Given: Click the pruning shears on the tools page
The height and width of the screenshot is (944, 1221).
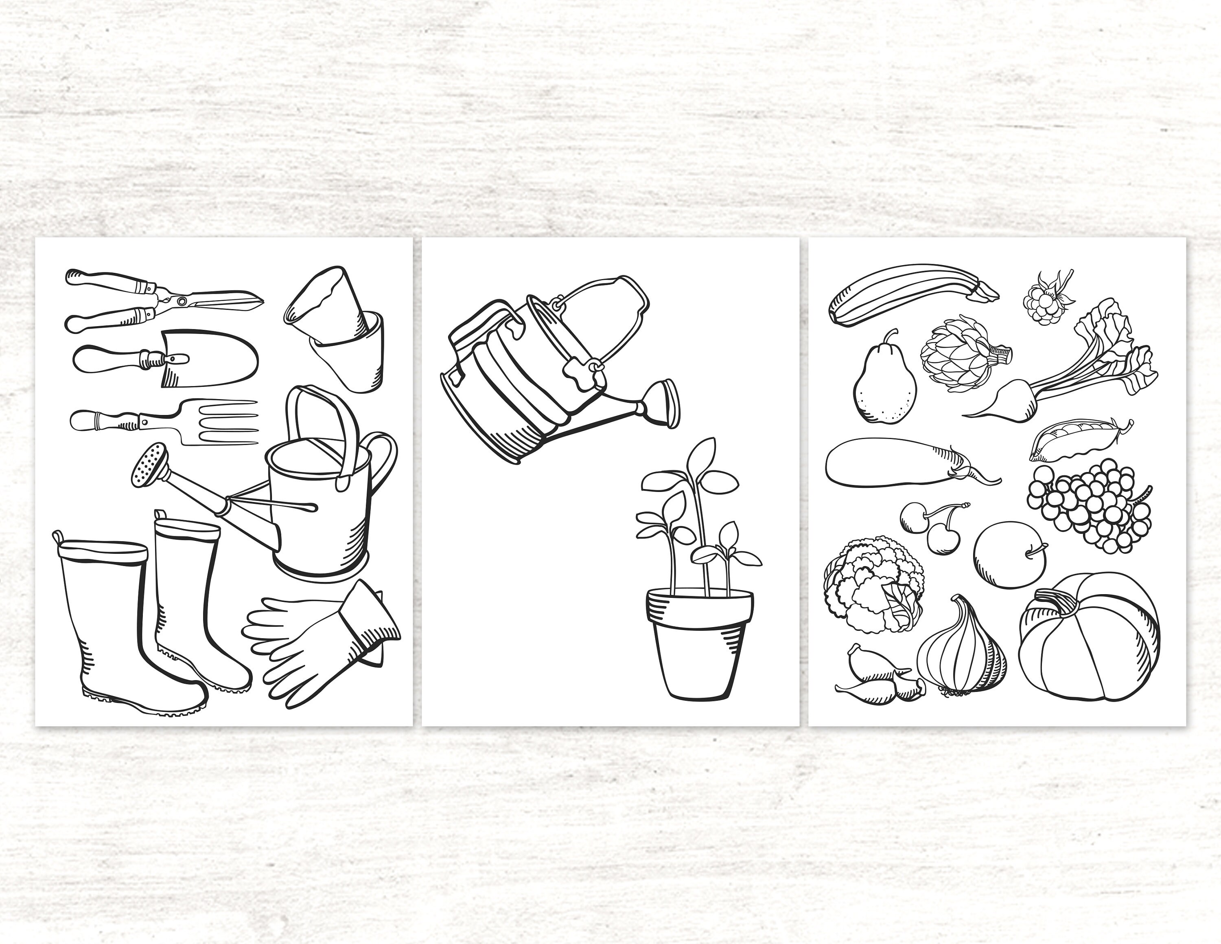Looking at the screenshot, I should (162, 300).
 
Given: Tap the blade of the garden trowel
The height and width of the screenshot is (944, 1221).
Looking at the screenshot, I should (218, 358).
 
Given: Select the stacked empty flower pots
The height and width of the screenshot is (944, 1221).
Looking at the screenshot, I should (341, 330).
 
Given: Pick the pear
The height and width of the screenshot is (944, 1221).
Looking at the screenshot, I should (884, 386).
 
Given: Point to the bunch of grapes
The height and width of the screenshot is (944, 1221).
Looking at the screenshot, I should (1090, 503).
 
